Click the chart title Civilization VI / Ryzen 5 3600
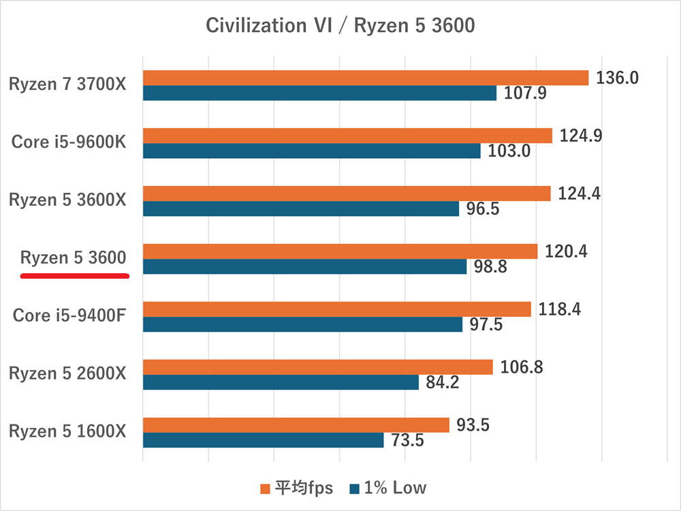click(x=340, y=26)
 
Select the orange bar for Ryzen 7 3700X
click(x=365, y=78)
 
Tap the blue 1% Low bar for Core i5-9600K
click(x=311, y=151)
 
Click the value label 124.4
click(x=580, y=193)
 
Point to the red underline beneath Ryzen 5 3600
click(x=75, y=276)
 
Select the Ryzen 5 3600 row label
click(x=74, y=258)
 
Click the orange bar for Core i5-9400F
click(x=336, y=309)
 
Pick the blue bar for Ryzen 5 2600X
click(x=281, y=382)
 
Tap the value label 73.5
click(x=407, y=440)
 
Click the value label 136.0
click(x=617, y=78)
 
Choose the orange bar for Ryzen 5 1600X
click(x=296, y=425)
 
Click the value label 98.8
click(x=490, y=267)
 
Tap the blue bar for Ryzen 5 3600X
click(x=300, y=208)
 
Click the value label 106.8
click(x=522, y=367)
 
